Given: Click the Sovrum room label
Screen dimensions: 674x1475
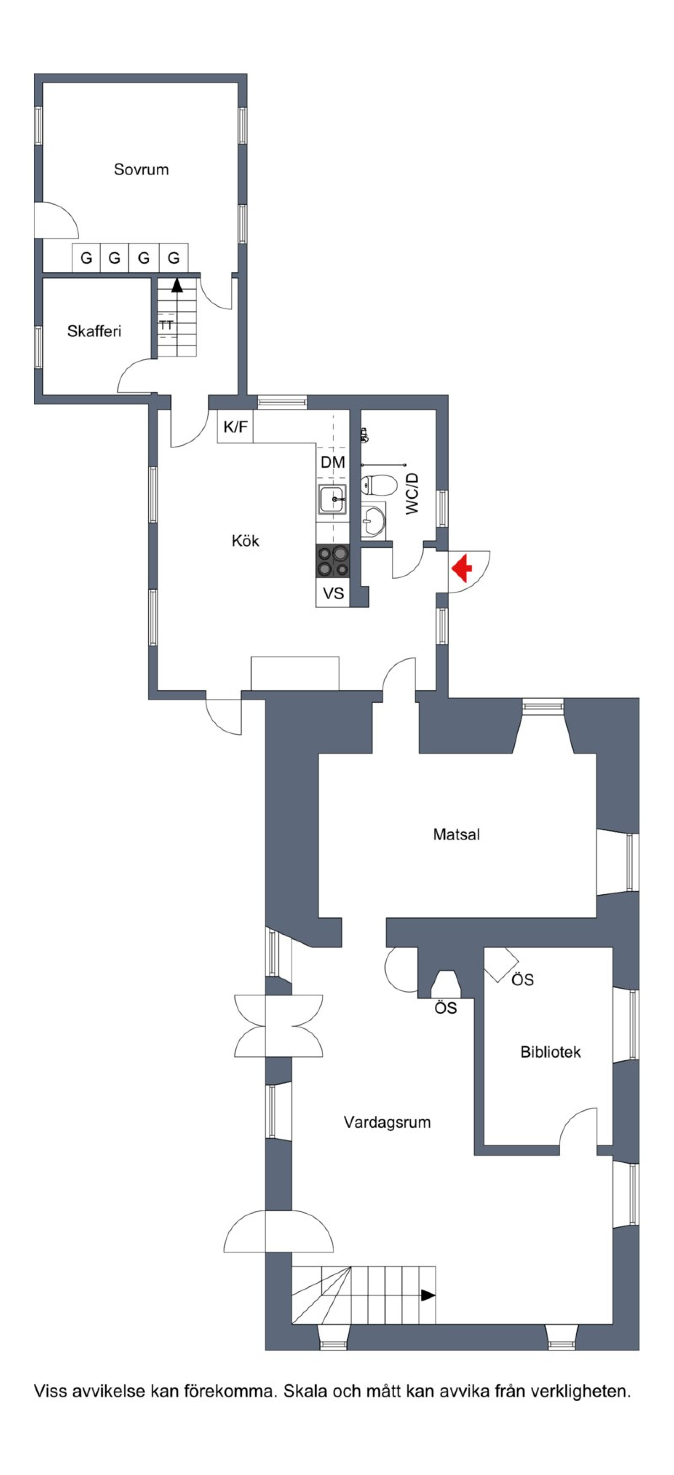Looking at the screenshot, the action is click(141, 169).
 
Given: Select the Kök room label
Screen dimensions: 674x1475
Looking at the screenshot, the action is click(246, 541).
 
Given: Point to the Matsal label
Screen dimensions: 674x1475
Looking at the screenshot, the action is click(457, 834).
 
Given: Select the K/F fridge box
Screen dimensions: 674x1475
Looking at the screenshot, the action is click(235, 426).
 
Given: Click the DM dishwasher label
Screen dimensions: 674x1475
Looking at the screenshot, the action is click(333, 462).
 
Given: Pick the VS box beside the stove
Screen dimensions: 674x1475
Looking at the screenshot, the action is click(333, 593).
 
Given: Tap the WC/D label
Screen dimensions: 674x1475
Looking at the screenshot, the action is click(412, 493).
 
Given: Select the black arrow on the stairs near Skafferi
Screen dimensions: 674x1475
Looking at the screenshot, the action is click(177, 284).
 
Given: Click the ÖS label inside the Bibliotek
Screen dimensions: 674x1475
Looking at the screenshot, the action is click(522, 980).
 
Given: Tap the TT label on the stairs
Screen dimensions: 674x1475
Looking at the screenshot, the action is click(166, 326).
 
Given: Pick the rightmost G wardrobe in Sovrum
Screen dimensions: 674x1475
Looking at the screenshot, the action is click(174, 257).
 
